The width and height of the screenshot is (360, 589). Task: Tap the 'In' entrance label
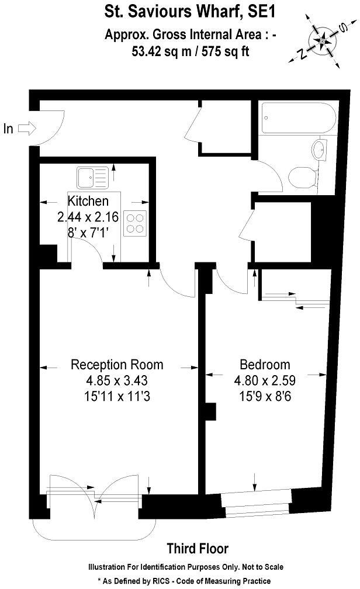tap(8, 129)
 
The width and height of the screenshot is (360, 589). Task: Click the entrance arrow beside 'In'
tap(27, 128)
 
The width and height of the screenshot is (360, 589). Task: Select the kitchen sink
tap(93, 176)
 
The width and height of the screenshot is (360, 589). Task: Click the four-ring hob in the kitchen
tap(135, 222)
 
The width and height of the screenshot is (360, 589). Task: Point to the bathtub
tap(297, 119)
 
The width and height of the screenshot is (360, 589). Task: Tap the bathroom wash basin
tap(320, 150)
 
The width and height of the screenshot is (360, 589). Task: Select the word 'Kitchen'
tap(88, 202)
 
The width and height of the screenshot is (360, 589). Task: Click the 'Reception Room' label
tap(117, 365)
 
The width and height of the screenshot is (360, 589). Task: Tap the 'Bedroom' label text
tap(265, 365)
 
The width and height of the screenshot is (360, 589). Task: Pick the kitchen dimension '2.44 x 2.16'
tap(88, 217)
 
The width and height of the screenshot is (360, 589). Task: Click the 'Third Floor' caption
tap(198, 549)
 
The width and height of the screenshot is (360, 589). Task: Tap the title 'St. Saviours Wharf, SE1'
tap(180, 11)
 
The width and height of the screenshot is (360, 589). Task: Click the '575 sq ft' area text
tap(226, 51)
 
